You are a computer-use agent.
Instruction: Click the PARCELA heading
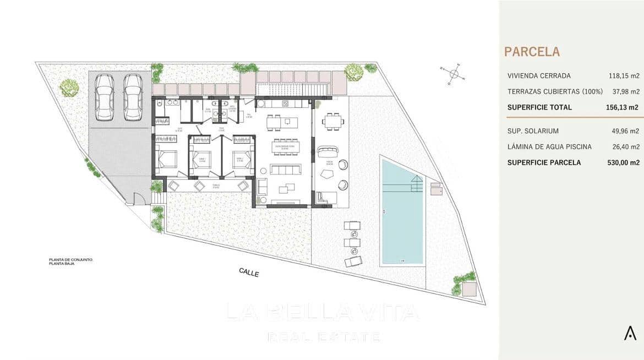pyautogui.click(x=532, y=52)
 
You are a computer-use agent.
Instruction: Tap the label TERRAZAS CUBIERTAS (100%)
pyautogui.click(x=555, y=91)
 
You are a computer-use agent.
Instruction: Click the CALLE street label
pyautogui.click(x=249, y=272)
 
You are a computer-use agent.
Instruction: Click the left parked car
pyautogui.click(x=105, y=97)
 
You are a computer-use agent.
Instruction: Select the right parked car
pyautogui.click(x=133, y=97)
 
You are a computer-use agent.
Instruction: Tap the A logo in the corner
pyautogui.click(x=630, y=332)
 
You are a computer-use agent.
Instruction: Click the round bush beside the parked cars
pyautogui.click(x=69, y=87)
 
